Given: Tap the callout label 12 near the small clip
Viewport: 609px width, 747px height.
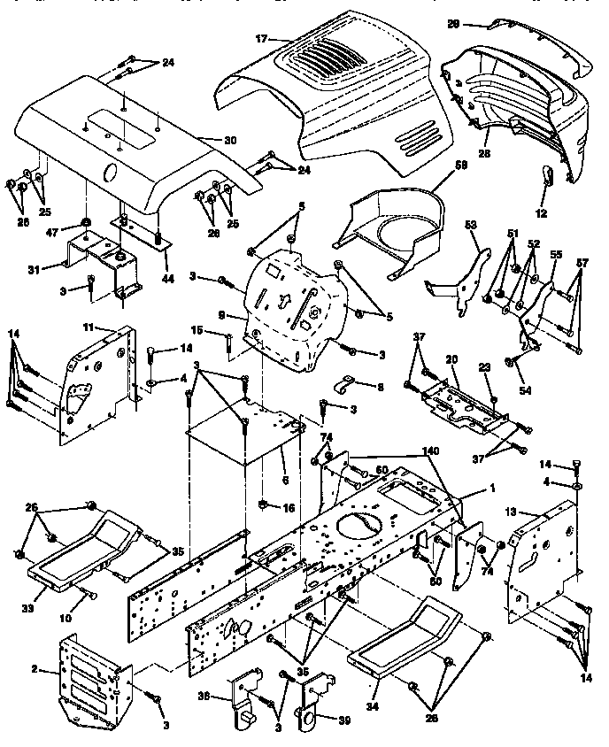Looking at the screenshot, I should click(540, 213).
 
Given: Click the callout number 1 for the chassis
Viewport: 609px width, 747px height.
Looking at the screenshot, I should click(493, 490).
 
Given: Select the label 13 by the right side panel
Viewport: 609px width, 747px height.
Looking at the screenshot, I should click(511, 512).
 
